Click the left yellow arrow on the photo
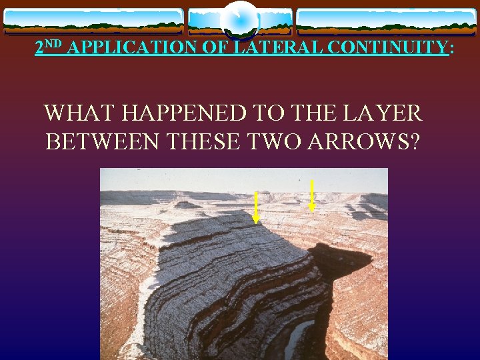click(x=256, y=207)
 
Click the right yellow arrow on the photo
click(x=312, y=195)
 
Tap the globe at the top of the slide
click(x=240, y=21)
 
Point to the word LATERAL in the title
click(x=267, y=47)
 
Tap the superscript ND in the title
click(x=55, y=44)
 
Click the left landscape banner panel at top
click(x=93, y=21)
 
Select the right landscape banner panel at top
click(x=386, y=21)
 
